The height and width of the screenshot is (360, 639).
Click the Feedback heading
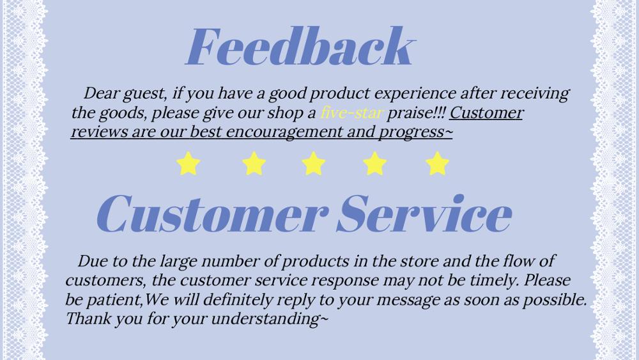pos(300,46)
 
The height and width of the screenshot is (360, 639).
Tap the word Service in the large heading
pos(424,214)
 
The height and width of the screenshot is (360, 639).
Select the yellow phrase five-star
pos(351,113)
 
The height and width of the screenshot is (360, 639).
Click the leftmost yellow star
pos(189,164)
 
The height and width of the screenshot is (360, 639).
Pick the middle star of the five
pos(313,164)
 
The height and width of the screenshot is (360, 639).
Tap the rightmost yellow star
pos(437,164)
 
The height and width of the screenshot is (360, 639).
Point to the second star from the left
pos(254,164)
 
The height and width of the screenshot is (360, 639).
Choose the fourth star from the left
pos(374,164)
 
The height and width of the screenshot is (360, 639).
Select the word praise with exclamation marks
pos(416,113)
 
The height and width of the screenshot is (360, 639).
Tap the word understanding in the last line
pos(269,319)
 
